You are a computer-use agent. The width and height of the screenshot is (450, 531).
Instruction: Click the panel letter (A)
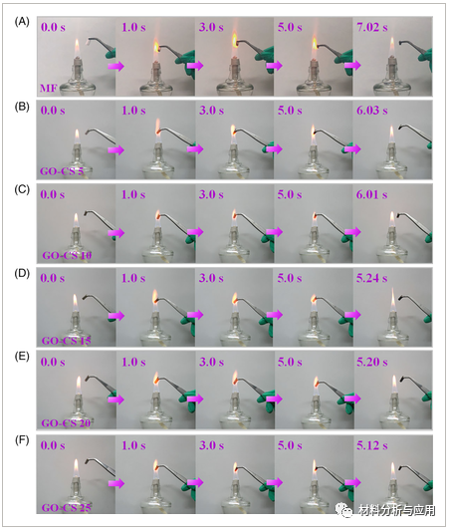[x=22, y=22]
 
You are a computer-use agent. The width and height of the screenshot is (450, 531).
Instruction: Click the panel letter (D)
[x=22, y=273]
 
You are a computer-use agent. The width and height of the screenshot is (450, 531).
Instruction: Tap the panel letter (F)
[x=22, y=440]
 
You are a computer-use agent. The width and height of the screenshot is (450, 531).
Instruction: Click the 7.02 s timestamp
[x=371, y=27]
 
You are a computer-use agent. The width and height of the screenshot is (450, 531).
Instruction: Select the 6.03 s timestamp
[x=371, y=111]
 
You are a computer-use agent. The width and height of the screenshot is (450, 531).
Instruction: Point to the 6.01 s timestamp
[x=371, y=194]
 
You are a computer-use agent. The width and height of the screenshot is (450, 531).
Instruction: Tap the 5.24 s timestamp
[x=371, y=278]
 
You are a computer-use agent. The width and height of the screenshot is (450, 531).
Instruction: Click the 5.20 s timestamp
[x=371, y=362]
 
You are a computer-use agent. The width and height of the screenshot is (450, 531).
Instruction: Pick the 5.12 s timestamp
[x=371, y=445]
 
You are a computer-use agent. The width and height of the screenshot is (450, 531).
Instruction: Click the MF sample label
[x=49, y=89]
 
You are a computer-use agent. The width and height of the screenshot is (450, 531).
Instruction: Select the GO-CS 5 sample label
[x=62, y=171]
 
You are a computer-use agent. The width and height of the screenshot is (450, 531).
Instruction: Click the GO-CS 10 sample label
[x=67, y=255]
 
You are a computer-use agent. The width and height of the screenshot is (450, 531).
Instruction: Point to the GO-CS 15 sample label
[x=67, y=341]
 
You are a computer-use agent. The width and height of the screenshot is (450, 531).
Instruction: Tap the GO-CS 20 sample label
[x=66, y=423]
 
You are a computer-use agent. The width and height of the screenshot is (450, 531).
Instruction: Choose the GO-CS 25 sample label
[x=67, y=508]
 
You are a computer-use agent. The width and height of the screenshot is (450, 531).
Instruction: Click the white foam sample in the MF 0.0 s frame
[x=88, y=43]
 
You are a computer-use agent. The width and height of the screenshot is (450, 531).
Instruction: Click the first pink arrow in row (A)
[x=116, y=66]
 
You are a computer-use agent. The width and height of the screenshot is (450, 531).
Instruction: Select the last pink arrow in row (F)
[x=352, y=482]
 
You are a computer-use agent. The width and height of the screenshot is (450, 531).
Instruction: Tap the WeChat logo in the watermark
[x=345, y=510]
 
